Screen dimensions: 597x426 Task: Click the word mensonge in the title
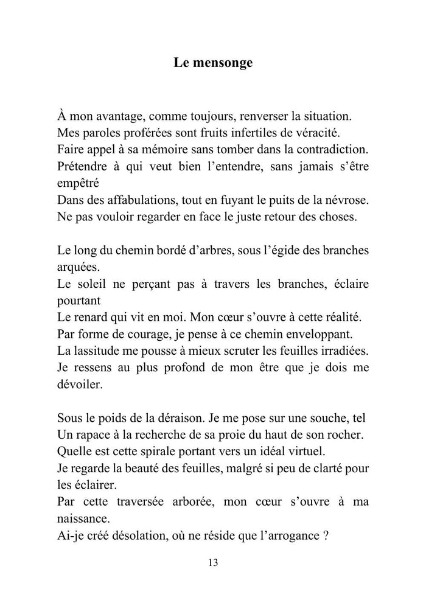[222, 63]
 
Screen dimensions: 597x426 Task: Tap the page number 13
[212, 562]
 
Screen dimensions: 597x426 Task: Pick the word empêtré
[79, 181]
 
